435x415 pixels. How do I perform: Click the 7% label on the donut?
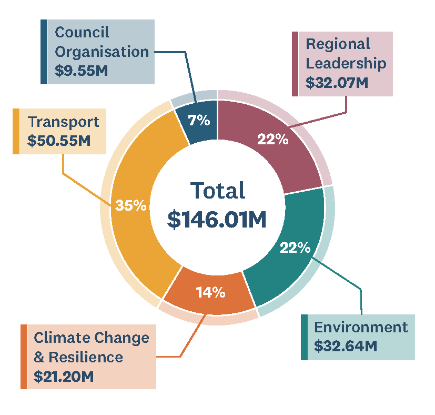tap(199, 120)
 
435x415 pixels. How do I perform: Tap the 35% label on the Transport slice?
tap(130, 205)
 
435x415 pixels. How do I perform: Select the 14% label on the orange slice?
tap(210, 292)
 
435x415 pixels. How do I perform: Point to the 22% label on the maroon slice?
tap(272, 139)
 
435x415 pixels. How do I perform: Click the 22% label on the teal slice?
tap(295, 247)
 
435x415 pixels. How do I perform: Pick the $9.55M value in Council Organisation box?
tap(81, 71)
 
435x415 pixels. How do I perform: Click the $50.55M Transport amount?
tap(59, 140)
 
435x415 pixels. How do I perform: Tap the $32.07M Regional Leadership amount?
tap(337, 83)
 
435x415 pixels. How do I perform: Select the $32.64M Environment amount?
tap(346, 346)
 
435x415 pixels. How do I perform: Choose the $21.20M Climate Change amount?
tap(64, 377)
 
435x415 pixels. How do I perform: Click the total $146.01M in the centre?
tap(217, 220)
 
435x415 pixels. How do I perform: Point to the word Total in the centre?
tap(218, 191)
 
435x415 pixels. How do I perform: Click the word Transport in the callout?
tap(63, 122)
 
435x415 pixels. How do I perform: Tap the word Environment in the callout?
tap(361, 327)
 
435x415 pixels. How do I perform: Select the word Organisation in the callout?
tap(102, 52)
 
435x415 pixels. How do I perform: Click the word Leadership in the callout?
tap(346, 63)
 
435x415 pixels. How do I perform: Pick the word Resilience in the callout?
tap(86, 357)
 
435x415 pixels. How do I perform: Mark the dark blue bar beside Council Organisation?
tap(44, 52)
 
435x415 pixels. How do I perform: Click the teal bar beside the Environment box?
tap(304, 337)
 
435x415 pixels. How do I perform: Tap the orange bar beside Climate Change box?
tap(24, 357)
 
